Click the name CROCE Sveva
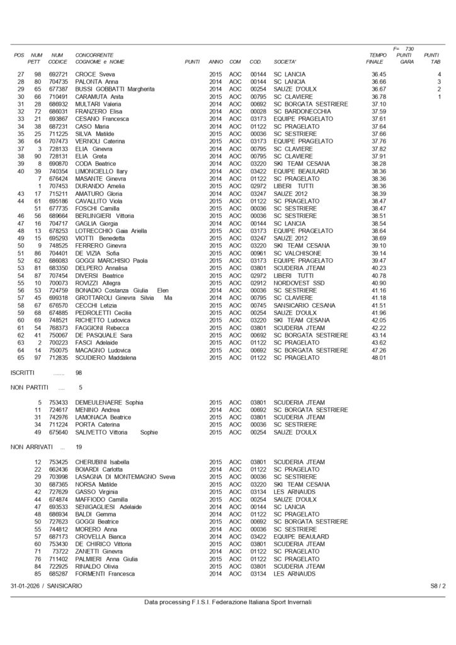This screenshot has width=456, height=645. [94, 74]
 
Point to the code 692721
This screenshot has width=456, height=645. [58, 74]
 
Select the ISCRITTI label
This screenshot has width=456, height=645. [23, 373]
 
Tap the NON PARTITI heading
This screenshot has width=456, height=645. [30, 387]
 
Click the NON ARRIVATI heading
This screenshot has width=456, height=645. [31, 447]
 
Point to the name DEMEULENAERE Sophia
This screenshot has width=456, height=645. [110, 402]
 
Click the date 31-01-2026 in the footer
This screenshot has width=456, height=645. [27, 586]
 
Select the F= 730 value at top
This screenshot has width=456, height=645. [403, 49]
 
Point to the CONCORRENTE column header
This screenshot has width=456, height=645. [94, 55]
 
